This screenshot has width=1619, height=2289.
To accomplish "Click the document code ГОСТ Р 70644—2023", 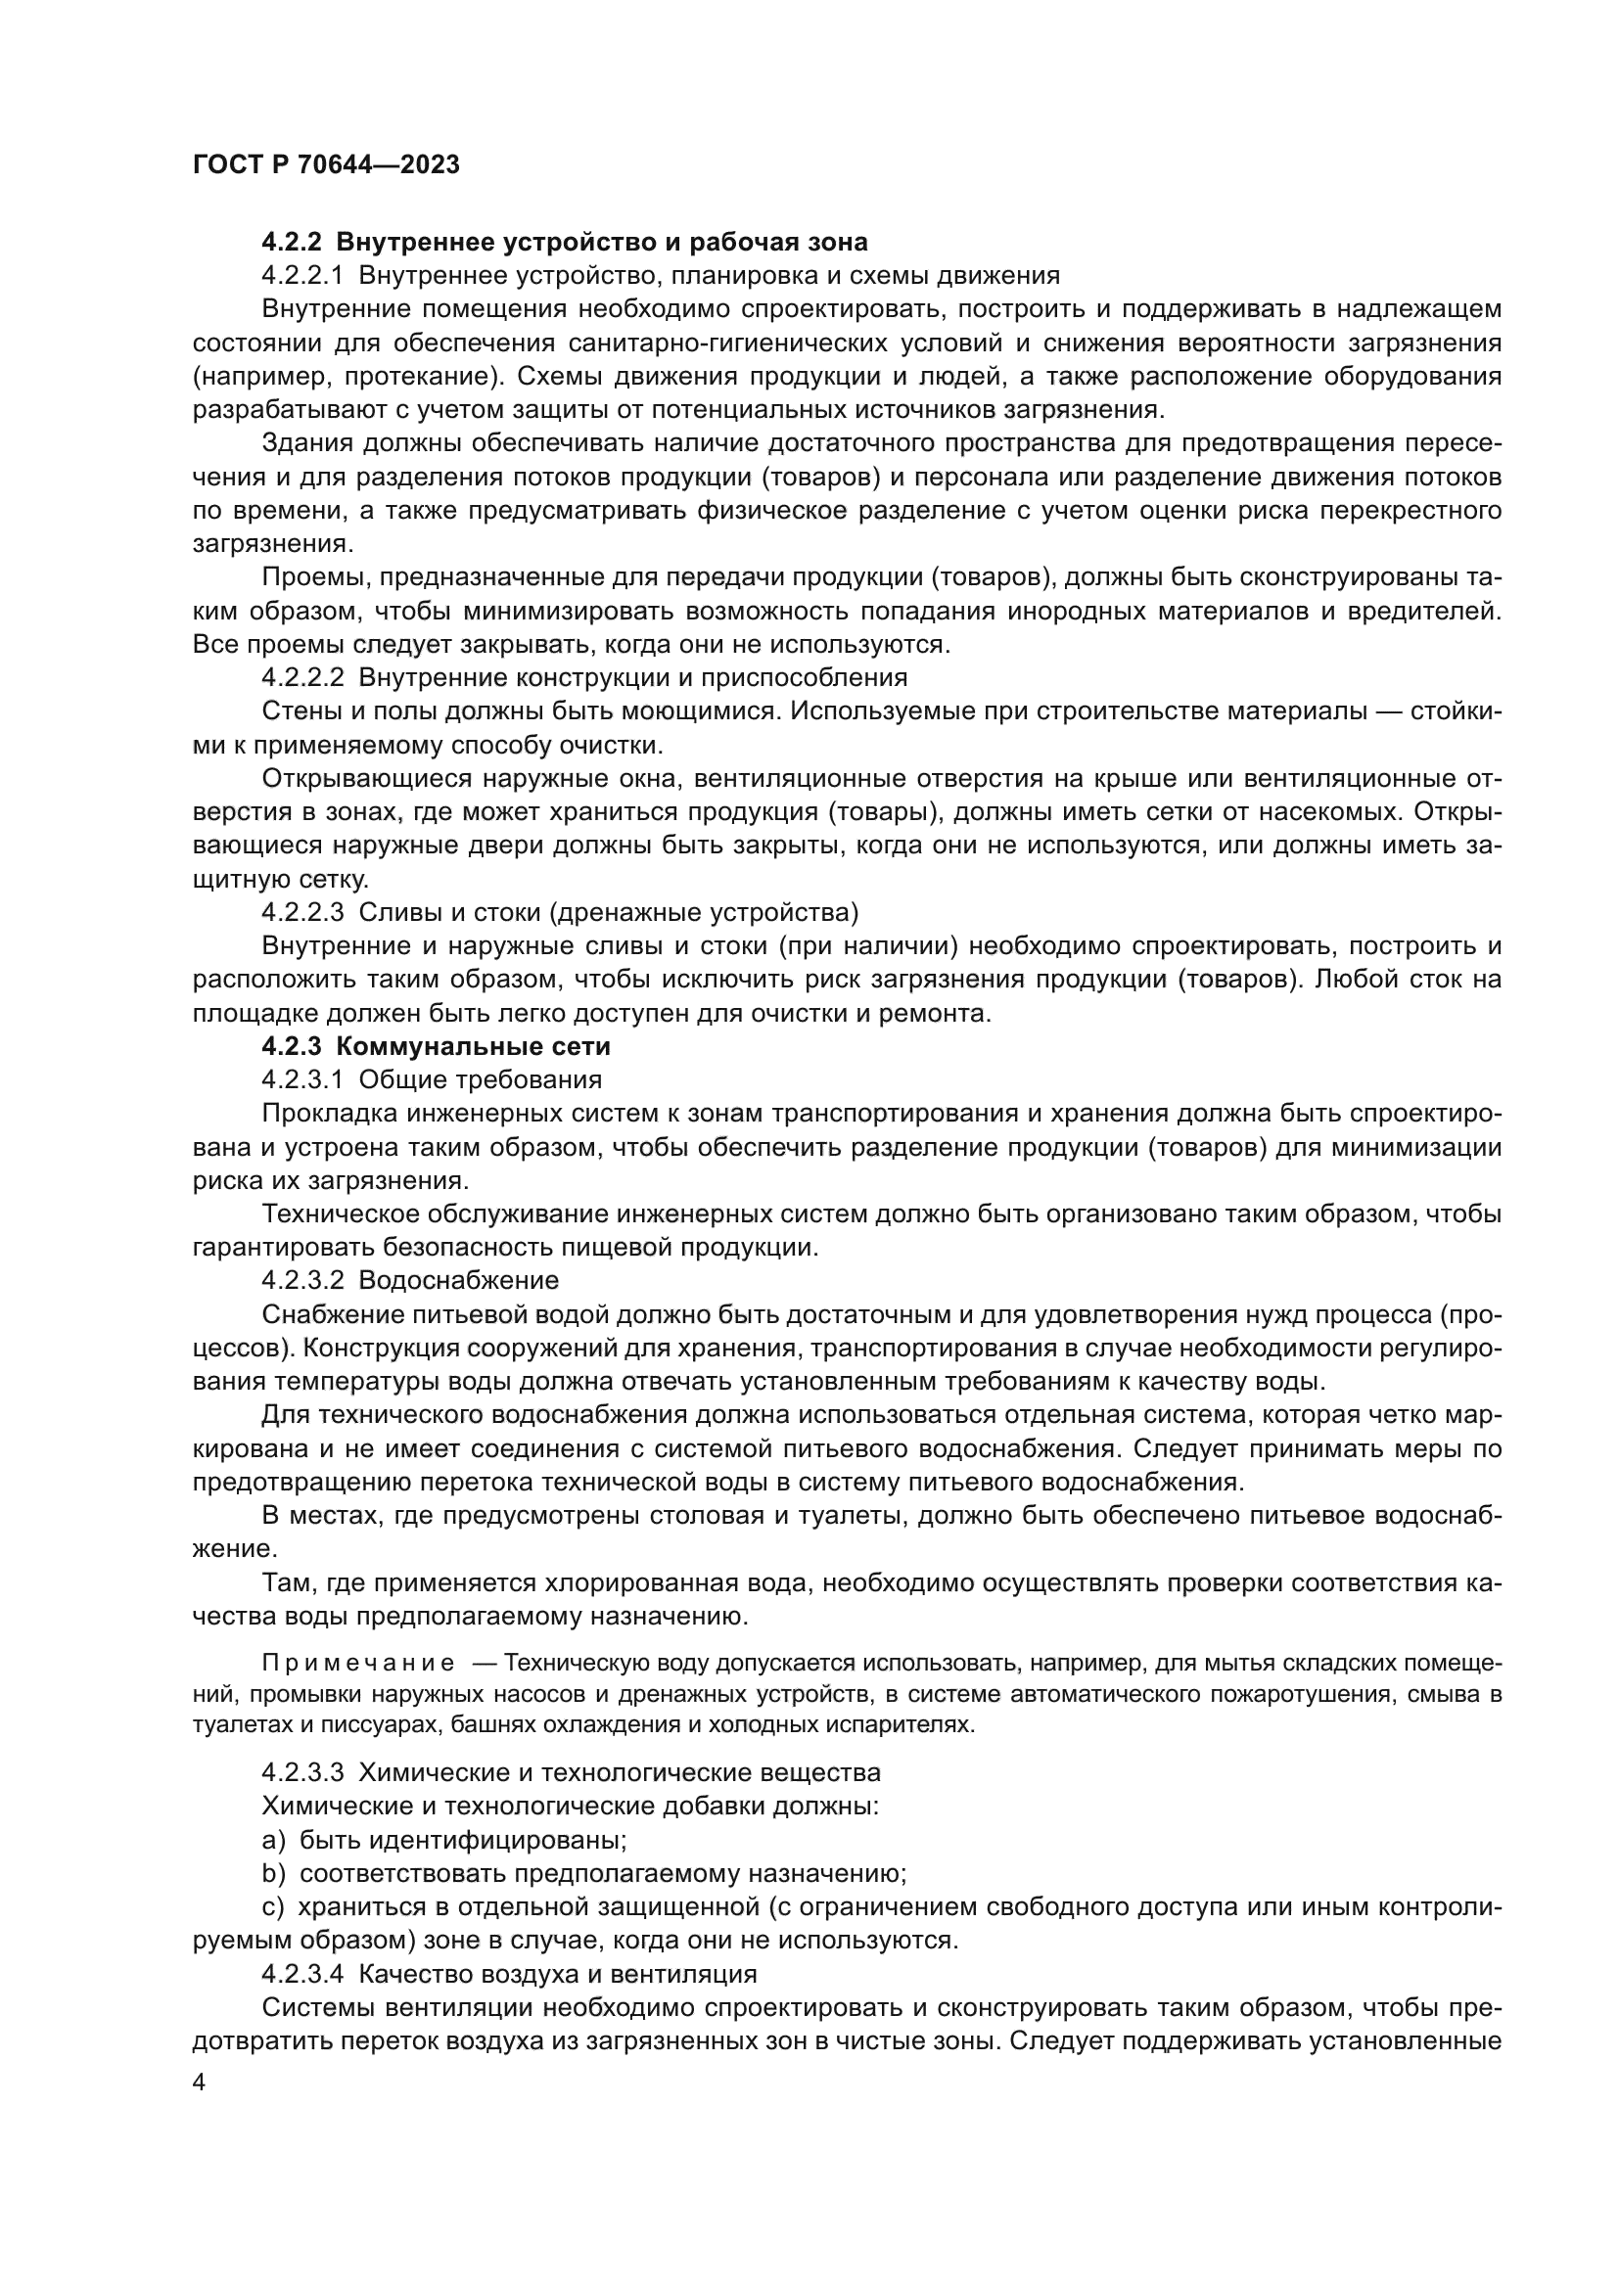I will click(326, 165).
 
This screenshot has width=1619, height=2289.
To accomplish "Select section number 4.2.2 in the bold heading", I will click(292, 243).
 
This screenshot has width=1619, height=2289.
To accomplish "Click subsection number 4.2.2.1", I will click(301, 275).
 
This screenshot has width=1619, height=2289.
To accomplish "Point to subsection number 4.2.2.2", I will click(302, 678).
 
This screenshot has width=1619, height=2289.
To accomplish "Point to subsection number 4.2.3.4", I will click(302, 1974).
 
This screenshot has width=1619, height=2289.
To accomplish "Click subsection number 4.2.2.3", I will click(302, 912).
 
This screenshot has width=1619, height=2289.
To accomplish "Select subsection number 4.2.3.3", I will click(302, 1772).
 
